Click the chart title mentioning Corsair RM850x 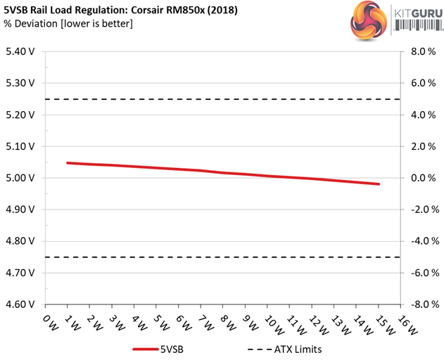click(120, 10)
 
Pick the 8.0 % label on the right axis click(421, 51)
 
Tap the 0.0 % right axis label click(421, 178)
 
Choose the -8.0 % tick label click(419, 304)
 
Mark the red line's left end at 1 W click(68, 163)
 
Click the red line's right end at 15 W click(379, 184)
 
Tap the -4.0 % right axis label click(419, 241)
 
